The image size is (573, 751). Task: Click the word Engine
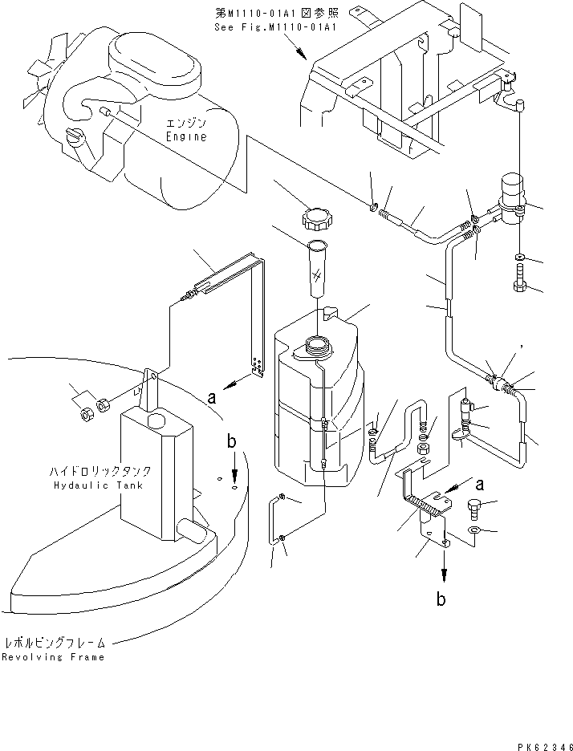pos(186,136)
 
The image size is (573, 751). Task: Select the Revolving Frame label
pos(53,656)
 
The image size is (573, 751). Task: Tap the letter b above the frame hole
pos(233,441)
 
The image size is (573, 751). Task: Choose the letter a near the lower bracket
pos(480,484)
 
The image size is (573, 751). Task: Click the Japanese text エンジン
pos(186,124)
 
